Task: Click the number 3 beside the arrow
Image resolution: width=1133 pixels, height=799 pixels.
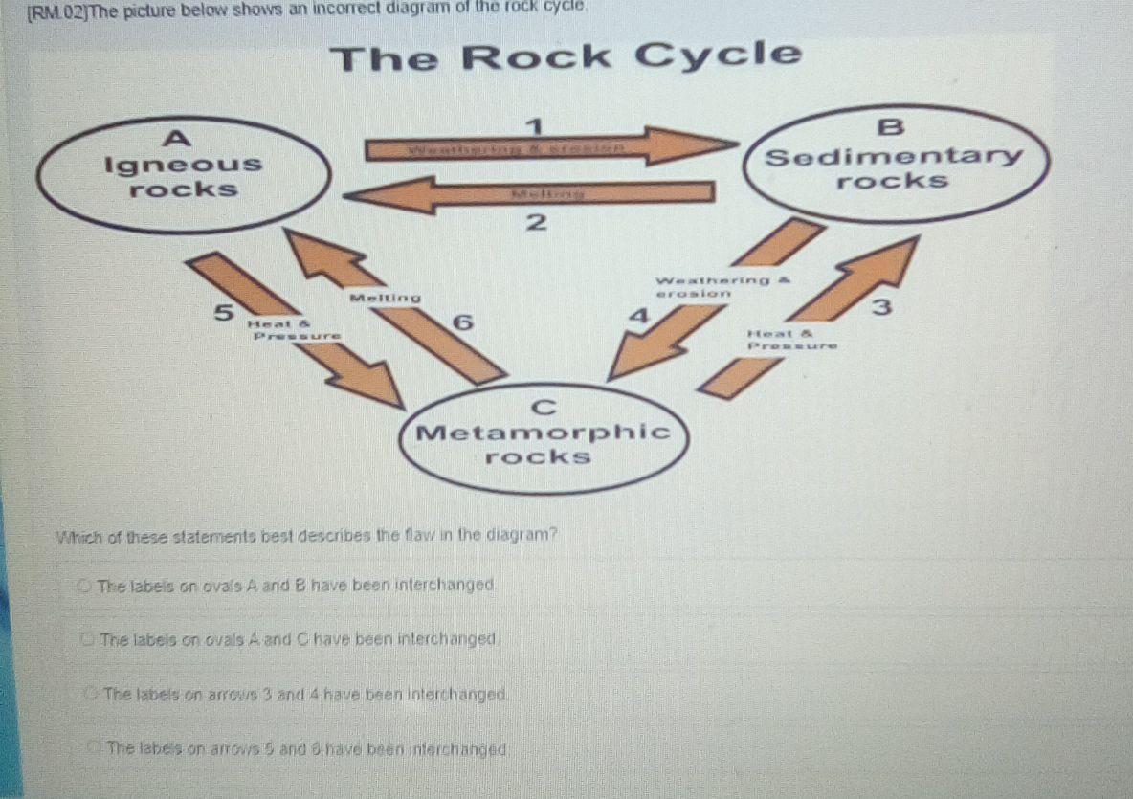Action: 882,307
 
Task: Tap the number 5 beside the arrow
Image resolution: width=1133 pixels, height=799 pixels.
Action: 222,313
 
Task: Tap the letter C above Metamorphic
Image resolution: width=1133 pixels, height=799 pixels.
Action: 543,409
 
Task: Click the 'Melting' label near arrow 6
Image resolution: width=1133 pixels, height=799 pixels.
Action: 385,298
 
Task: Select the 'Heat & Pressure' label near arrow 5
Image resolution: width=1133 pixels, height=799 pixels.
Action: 293,331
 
